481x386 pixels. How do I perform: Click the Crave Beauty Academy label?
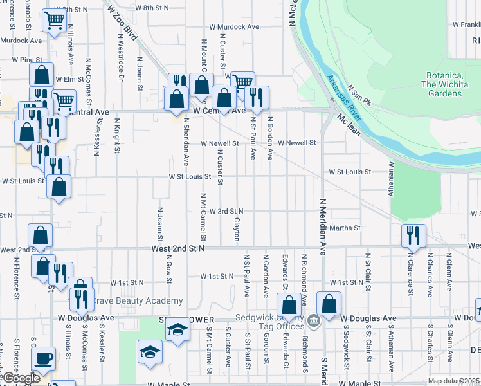point(138,301)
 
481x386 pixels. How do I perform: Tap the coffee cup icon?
point(44,358)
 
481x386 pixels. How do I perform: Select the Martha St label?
point(345,228)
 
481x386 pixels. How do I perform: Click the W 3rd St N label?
point(226,211)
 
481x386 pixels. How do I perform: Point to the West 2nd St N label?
point(177,248)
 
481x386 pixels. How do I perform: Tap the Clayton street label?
point(237,229)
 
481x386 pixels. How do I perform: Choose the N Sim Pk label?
point(359,96)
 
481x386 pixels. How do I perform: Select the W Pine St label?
point(27,60)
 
